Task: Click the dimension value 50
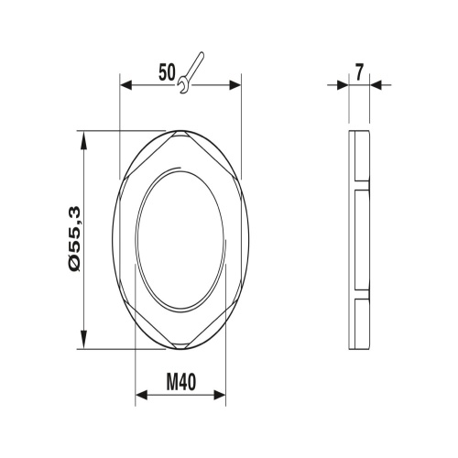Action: point(168,72)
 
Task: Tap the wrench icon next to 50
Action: point(191,72)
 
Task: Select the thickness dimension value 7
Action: point(359,73)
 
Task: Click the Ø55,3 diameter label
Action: point(74,239)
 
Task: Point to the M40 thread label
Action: point(180,382)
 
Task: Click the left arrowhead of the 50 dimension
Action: point(125,85)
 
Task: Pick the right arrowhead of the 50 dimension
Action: point(235,85)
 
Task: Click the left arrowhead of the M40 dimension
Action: point(141,395)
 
